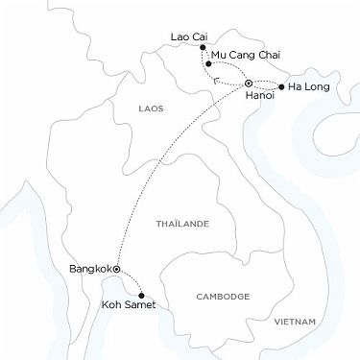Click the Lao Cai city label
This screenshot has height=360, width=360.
tap(188, 37)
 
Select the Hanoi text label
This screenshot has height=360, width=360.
tap(260, 97)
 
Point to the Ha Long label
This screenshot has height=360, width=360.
tap(306, 87)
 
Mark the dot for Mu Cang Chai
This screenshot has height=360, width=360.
tap(208, 63)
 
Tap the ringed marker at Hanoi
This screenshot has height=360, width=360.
tap(249, 84)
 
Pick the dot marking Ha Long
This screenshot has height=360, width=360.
tap(281, 87)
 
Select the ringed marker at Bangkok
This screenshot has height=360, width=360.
tap(116, 270)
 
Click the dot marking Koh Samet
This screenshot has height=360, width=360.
tap(142, 295)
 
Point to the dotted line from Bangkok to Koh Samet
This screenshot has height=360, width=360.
tap(130, 282)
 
